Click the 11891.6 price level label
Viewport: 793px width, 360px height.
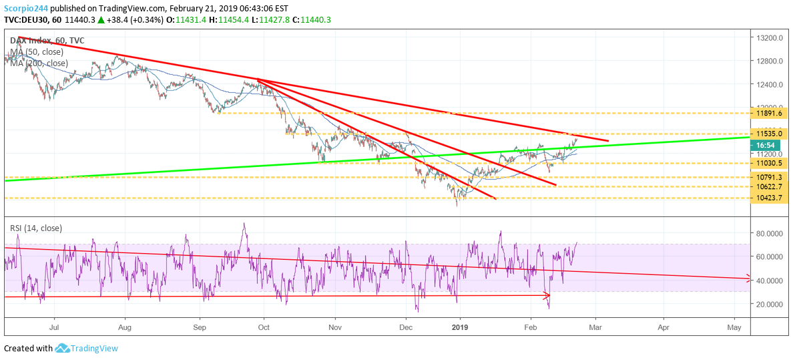[768, 114]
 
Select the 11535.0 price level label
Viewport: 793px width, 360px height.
[768, 134]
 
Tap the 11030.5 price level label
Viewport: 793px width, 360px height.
[768, 163]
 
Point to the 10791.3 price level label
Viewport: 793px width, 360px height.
[768, 177]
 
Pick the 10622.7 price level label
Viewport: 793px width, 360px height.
[768, 187]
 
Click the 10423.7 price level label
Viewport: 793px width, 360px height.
[768, 198]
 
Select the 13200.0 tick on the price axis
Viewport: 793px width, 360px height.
[770, 38]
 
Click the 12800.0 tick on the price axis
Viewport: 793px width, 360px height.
[770, 61]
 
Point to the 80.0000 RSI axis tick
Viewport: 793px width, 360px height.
[770, 233]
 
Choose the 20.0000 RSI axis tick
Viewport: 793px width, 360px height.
[770, 304]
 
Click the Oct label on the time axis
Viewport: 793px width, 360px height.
[264, 327]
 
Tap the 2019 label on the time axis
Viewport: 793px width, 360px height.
[460, 327]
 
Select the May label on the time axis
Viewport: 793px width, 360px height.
[734, 327]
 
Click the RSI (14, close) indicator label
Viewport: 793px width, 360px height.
[36, 228]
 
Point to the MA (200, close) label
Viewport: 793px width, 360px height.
[39, 63]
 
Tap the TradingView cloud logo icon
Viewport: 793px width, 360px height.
[63, 348]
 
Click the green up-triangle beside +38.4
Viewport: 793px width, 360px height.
[101, 20]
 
